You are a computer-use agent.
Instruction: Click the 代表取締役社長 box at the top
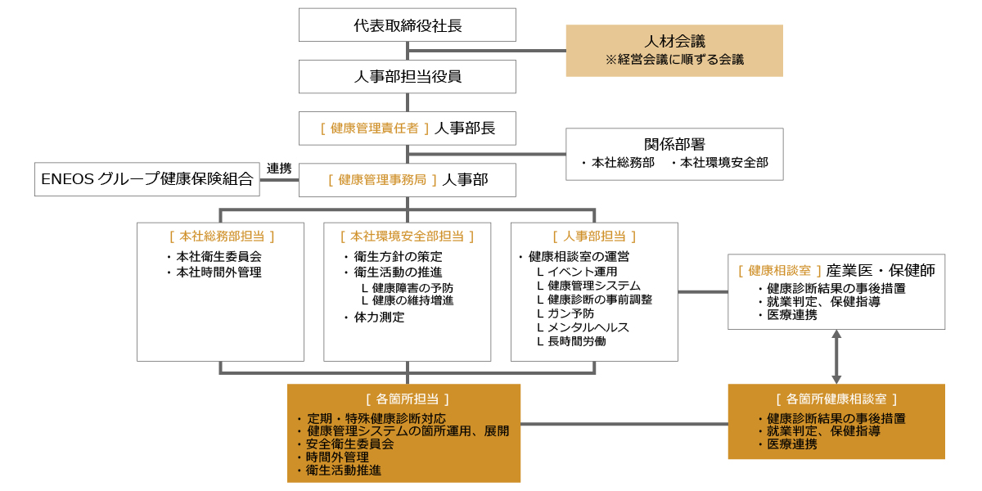coord(407,25)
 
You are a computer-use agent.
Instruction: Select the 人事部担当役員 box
coord(407,77)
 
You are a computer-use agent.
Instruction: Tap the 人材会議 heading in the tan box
coord(674,41)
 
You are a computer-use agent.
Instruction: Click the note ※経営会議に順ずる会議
coord(674,60)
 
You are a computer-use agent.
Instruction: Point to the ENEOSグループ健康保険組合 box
coord(147,179)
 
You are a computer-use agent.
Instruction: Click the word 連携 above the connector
coord(279,168)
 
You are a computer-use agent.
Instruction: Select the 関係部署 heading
coord(674,144)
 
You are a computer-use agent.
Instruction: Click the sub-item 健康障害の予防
coord(412,288)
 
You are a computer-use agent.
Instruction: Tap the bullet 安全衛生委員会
coord(349,444)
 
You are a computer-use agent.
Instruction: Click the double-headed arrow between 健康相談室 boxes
coord(836,357)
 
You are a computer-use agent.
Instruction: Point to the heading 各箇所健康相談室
coord(836,399)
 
